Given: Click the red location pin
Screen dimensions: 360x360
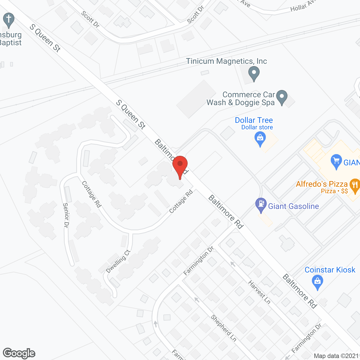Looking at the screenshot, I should click(x=180, y=166).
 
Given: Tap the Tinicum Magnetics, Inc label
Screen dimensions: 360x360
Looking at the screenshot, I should click(x=226, y=61).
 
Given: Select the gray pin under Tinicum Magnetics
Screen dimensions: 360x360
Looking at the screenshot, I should click(x=254, y=74).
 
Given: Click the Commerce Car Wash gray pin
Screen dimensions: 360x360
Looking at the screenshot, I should click(x=282, y=97).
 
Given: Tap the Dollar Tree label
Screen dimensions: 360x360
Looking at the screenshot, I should click(x=254, y=120).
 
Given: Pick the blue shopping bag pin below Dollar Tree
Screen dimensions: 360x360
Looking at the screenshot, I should click(x=260, y=139).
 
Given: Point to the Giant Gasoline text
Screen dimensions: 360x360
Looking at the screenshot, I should click(x=293, y=206).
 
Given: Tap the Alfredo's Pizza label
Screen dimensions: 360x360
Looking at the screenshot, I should click(x=322, y=184).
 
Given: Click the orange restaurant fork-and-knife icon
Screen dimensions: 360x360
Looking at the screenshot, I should click(x=355, y=186).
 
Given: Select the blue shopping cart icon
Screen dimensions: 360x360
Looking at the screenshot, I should click(x=336, y=161).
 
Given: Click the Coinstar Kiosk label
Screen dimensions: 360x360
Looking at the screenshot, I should click(x=330, y=270).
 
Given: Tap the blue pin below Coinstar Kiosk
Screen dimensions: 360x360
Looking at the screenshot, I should click(x=318, y=282).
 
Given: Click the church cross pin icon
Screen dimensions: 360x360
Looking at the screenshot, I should click(x=9, y=20).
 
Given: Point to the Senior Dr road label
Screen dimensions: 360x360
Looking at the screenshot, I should click(x=66, y=215).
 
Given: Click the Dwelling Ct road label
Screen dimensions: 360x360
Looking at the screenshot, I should click(x=118, y=262).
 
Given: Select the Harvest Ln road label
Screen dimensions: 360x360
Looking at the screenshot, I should click(x=259, y=292).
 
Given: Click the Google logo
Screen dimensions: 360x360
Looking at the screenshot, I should click(x=19, y=353).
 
